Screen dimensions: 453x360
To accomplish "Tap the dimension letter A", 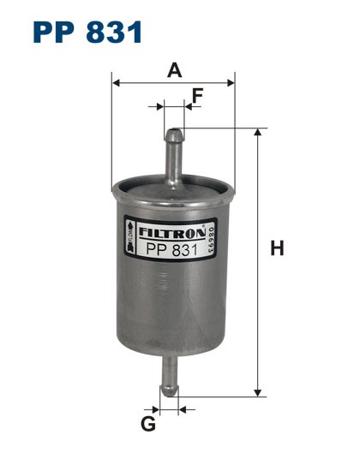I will coord(175,71).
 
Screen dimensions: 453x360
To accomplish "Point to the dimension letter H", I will coord(276,249).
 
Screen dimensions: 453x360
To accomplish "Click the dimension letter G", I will coord(147,423).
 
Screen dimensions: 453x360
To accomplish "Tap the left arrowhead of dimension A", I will coord(117,84).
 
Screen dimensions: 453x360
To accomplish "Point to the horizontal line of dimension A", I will coord(173,84).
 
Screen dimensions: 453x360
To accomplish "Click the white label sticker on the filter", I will coord(167,241).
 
